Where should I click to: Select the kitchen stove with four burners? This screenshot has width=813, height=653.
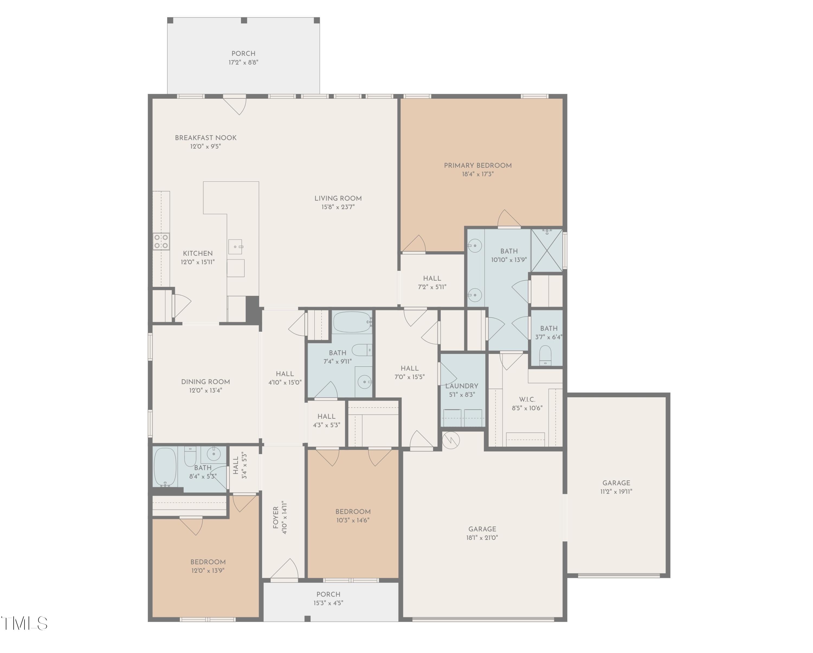click(161, 241)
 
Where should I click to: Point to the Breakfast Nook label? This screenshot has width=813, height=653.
click(205, 138)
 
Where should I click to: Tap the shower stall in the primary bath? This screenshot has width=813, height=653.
click(546, 250)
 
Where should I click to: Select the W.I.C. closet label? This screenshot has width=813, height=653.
click(527, 399)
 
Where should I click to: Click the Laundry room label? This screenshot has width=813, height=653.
click(462, 386)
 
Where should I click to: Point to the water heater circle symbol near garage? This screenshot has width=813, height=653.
click(451, 440)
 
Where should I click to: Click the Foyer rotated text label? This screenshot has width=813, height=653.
click(276, 518)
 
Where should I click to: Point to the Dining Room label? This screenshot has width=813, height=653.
click(205, 382)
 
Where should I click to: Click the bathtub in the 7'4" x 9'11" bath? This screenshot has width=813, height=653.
click(352, 322)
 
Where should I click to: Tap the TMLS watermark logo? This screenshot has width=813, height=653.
click(24, 623)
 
